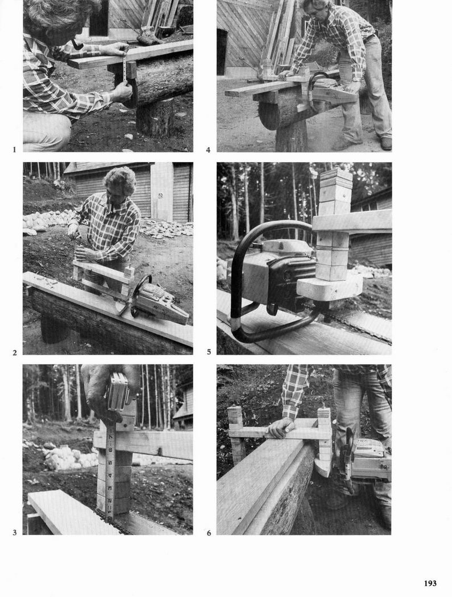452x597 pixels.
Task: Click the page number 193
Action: coord(430,583)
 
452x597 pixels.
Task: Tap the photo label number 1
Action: coord(14,150)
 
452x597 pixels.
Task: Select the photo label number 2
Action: coord(14,353)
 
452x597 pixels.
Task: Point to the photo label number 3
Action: coord(14,533)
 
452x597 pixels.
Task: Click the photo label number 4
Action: coord(208,150)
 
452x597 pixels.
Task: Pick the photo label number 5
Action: coord(209,352)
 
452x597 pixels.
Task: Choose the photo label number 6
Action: coord(209,533)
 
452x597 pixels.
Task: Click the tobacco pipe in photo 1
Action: coord(77,45)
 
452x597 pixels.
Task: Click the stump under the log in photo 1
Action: coord(154,119)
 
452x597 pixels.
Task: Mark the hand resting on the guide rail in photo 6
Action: coord(281,428)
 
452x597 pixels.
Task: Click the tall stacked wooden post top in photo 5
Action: coord(334,190)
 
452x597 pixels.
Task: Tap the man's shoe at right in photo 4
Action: coord(385,143)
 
